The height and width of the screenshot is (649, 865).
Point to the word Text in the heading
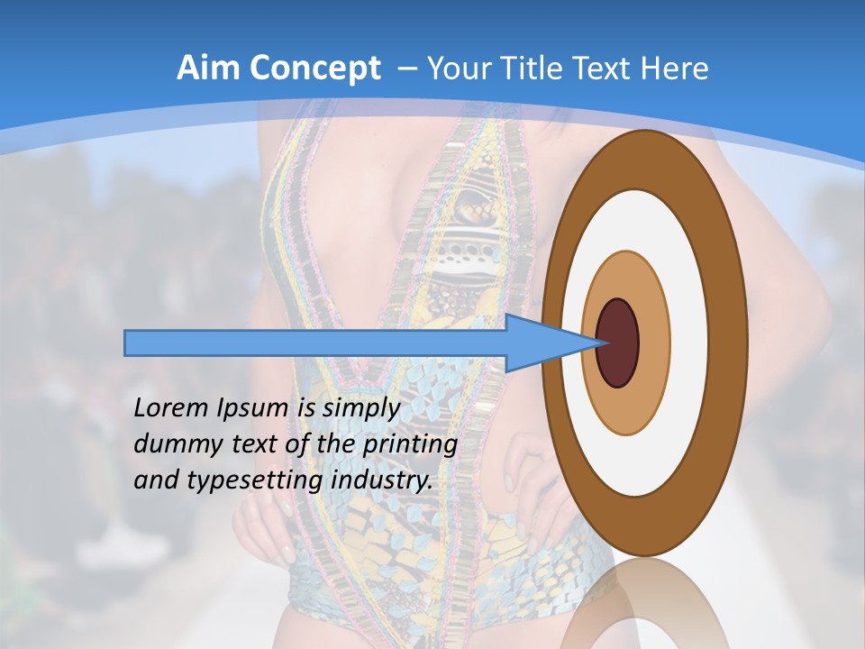607,69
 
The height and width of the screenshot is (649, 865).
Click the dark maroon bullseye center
618,343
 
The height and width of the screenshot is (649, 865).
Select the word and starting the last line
157,480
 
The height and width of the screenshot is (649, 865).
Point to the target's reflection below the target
645,604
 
